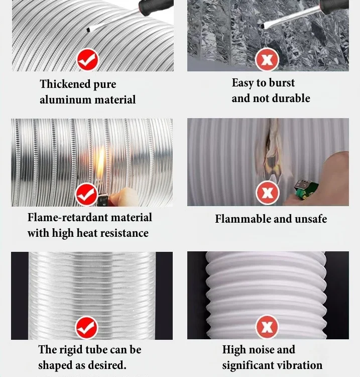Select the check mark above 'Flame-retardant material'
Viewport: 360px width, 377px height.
[x=87, y=194]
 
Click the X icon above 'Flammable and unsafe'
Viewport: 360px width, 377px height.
[x=267, y=193]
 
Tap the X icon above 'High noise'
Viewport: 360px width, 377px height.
[x=267, y=327]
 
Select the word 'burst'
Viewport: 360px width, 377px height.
[x=282, y=83]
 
